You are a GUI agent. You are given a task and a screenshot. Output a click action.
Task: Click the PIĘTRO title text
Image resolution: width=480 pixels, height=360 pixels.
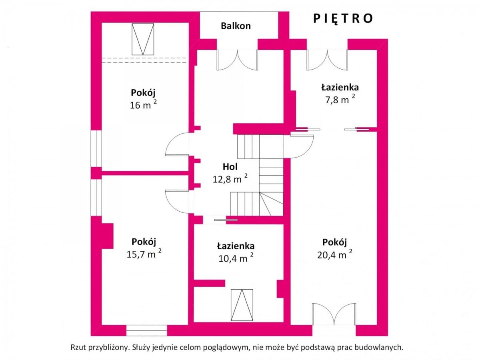[343, 19]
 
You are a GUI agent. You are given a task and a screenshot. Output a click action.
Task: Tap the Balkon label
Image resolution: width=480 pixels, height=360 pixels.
[236, 26]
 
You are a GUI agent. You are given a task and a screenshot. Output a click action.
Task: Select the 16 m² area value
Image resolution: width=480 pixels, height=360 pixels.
[143, 104]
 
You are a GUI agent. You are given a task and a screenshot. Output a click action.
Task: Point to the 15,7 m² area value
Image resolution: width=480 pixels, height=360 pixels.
[144, 253]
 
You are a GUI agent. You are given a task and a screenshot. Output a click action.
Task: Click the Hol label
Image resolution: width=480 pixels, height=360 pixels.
[230, 167]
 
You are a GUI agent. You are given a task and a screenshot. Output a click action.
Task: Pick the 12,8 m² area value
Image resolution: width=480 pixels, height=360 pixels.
[230, 178]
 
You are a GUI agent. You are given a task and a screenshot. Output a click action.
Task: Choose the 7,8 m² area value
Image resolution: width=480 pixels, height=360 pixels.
[340, 99]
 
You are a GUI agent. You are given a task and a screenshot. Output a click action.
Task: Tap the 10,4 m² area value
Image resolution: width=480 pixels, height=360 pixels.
[236, 258]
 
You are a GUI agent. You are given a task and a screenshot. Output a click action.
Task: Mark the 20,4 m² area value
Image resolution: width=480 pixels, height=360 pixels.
[334, 254]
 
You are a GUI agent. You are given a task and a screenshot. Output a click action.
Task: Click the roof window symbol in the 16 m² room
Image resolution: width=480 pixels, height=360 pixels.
[143, 39]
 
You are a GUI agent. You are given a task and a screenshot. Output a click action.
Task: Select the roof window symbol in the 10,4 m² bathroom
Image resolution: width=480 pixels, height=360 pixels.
[242, 305]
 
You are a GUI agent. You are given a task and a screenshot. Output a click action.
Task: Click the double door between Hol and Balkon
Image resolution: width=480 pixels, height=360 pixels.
[237, 60]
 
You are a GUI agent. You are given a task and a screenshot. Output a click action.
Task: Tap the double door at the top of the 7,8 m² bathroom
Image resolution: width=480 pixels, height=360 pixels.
[327, 60]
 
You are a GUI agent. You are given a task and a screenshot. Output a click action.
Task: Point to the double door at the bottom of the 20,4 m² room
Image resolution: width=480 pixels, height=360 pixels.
[334, 314]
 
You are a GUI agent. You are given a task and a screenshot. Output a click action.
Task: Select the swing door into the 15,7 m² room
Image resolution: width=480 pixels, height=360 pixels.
[177, 202]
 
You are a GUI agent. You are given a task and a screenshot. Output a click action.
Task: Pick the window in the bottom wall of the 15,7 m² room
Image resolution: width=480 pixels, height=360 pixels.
[146, 330]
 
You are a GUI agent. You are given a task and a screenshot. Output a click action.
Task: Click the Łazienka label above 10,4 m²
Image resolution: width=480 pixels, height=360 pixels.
[236, 246]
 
